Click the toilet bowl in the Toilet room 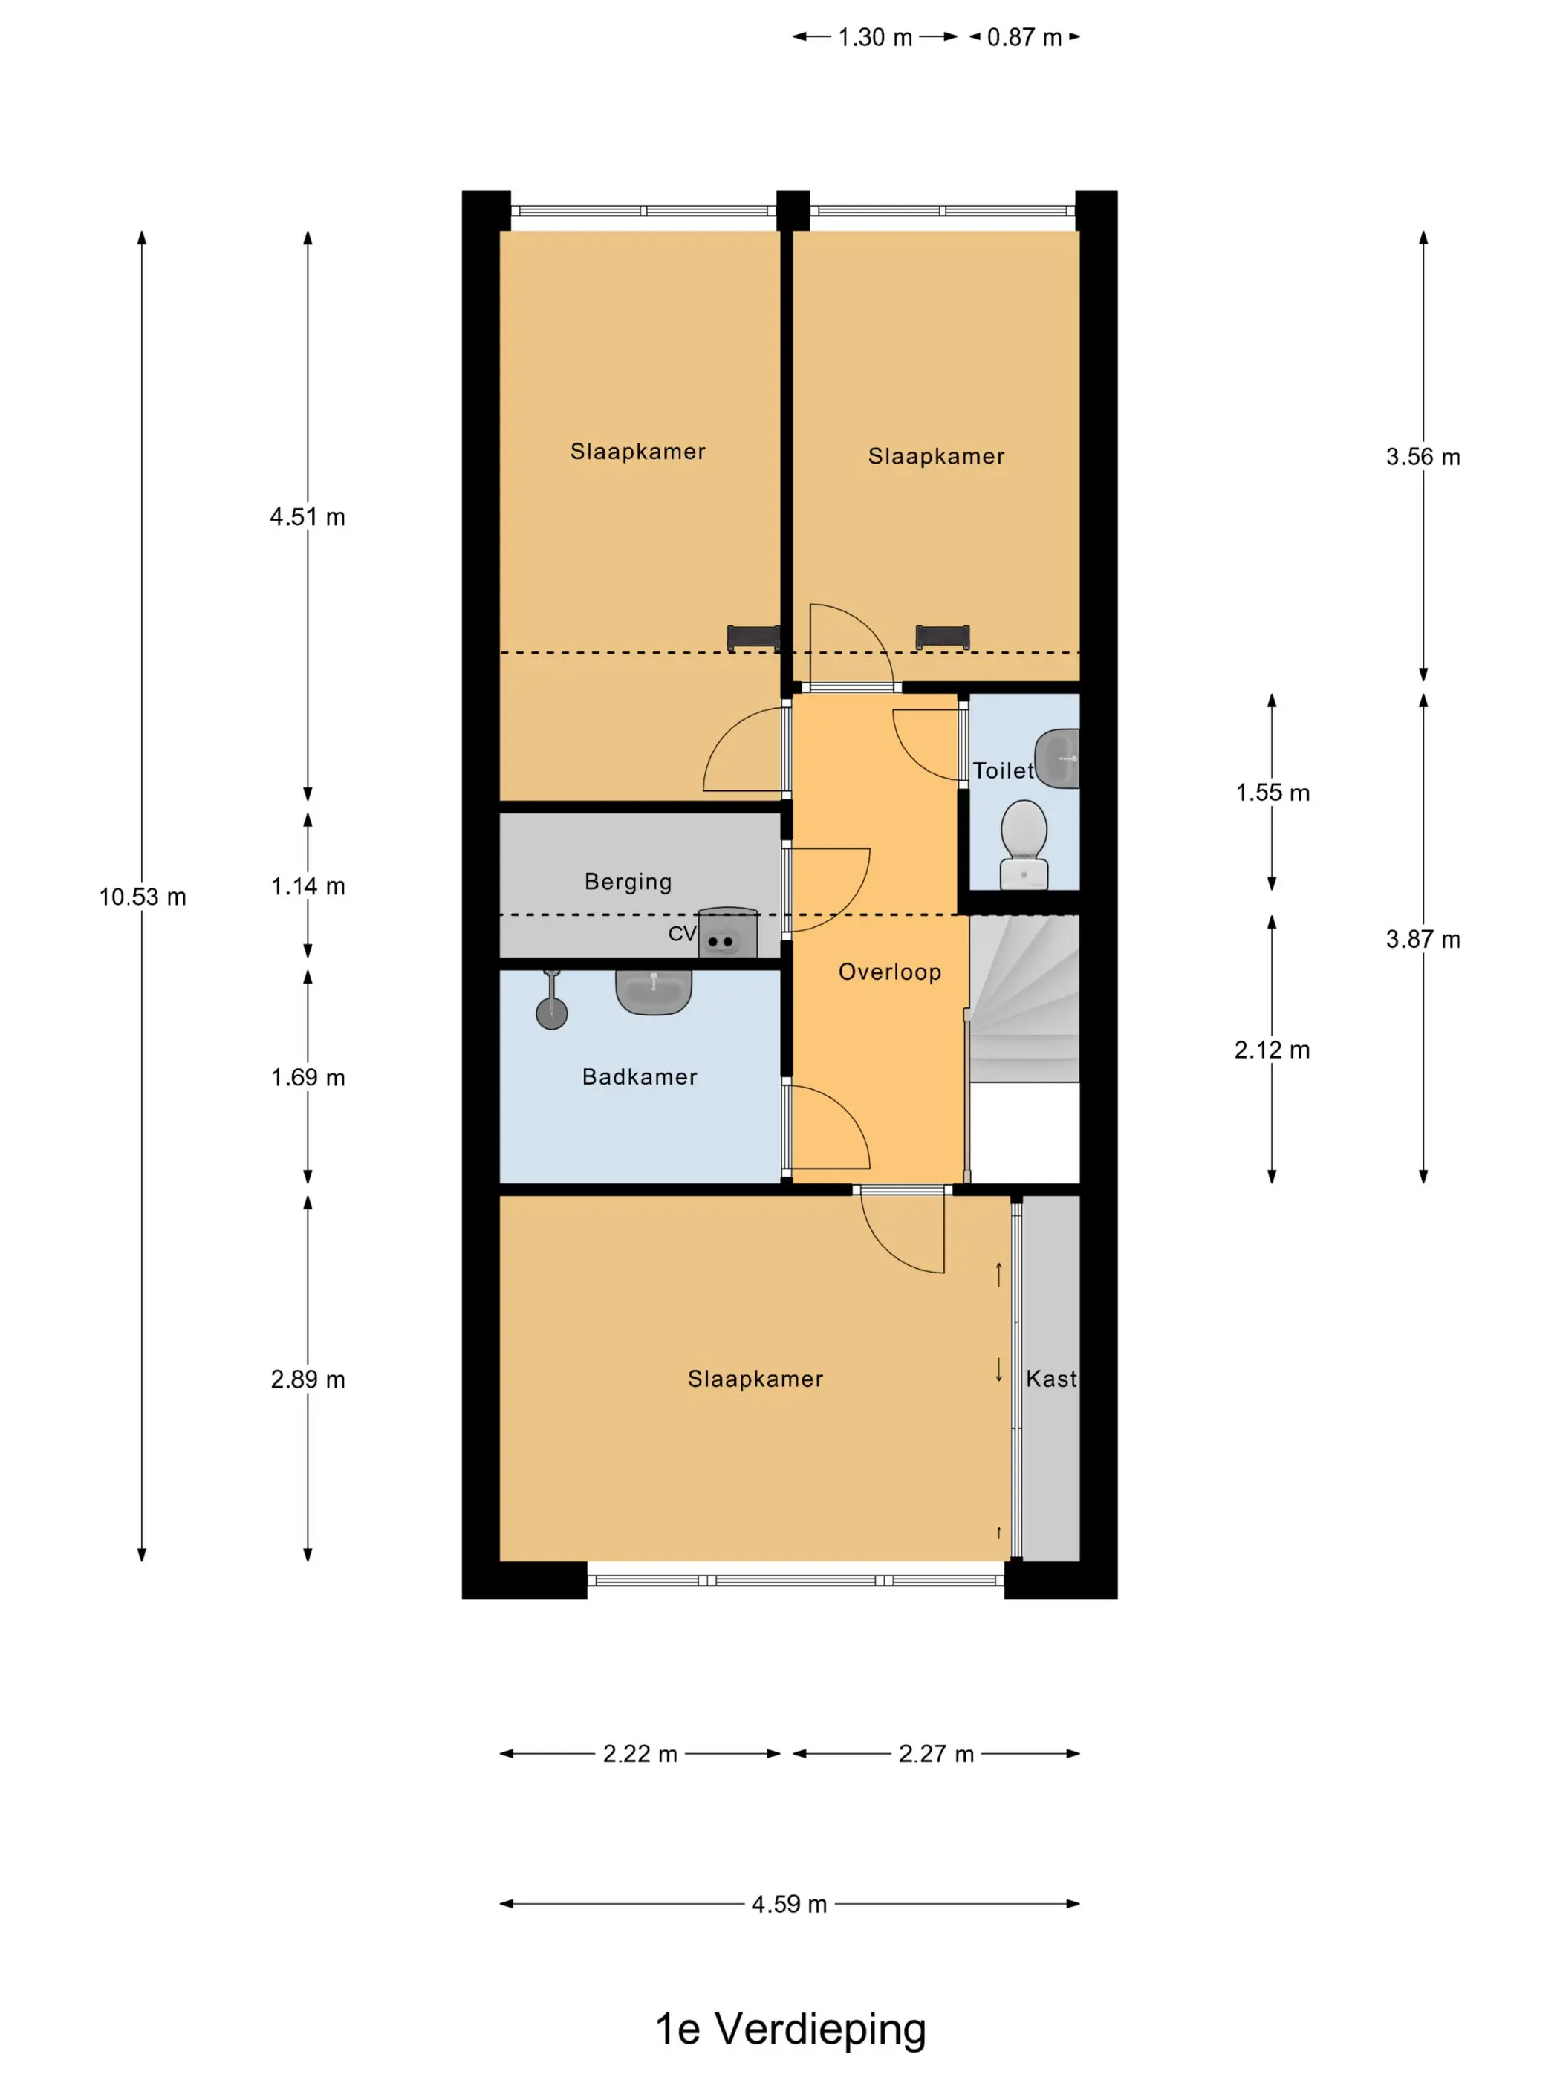(1023, 842)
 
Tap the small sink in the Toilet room (1057, 758)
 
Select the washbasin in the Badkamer (654, 991)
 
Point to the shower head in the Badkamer (552, 1001)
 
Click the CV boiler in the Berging (728, 933)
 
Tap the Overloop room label (889, 972)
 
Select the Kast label (1051, 1379)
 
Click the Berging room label (628, 881)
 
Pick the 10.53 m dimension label (143, 897)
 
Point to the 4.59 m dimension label (789, 1904)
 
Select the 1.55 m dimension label (1273, 793)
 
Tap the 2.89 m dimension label (308, 1379)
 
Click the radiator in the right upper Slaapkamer (942, 637)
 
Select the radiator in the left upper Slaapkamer (753, 637)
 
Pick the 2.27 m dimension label (935, 1754)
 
